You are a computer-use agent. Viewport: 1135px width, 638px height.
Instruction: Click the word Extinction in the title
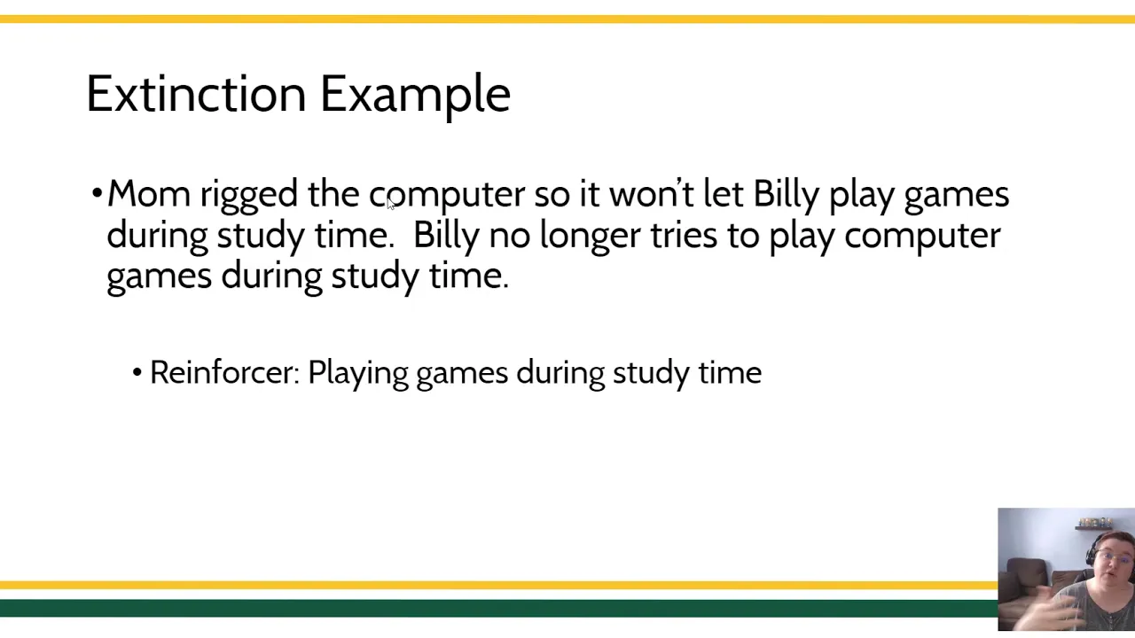pyautogui.click(x=197, y=94)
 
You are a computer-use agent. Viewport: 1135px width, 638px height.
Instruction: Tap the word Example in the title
pyautogui.click(x=416, y=97)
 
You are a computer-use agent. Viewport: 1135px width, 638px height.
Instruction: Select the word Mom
pyautogui.click(x=149, y=193)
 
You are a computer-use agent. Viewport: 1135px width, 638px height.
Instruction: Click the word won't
pyautogui.click(x=651, y=193)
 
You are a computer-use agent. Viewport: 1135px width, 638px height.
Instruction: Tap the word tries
pyautogui.click(x=684, y=235)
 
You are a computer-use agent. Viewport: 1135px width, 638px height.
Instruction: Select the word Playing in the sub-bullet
pyautogui.click(x=357, y=375)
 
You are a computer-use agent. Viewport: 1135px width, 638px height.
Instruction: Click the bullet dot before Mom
pyautogui.click(x=98, y=193)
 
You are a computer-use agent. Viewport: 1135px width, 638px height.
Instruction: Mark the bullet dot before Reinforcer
pyautogui.click(x=137, y=373)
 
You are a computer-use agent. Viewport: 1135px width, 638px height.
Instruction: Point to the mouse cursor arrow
pyautogui.click(x=390, y=204)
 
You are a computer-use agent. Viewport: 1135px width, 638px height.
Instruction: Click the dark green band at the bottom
pyautogui.click(x=498, y=608)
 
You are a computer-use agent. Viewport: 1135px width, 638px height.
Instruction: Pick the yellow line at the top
pyautogui.click(x=567, y=19)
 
